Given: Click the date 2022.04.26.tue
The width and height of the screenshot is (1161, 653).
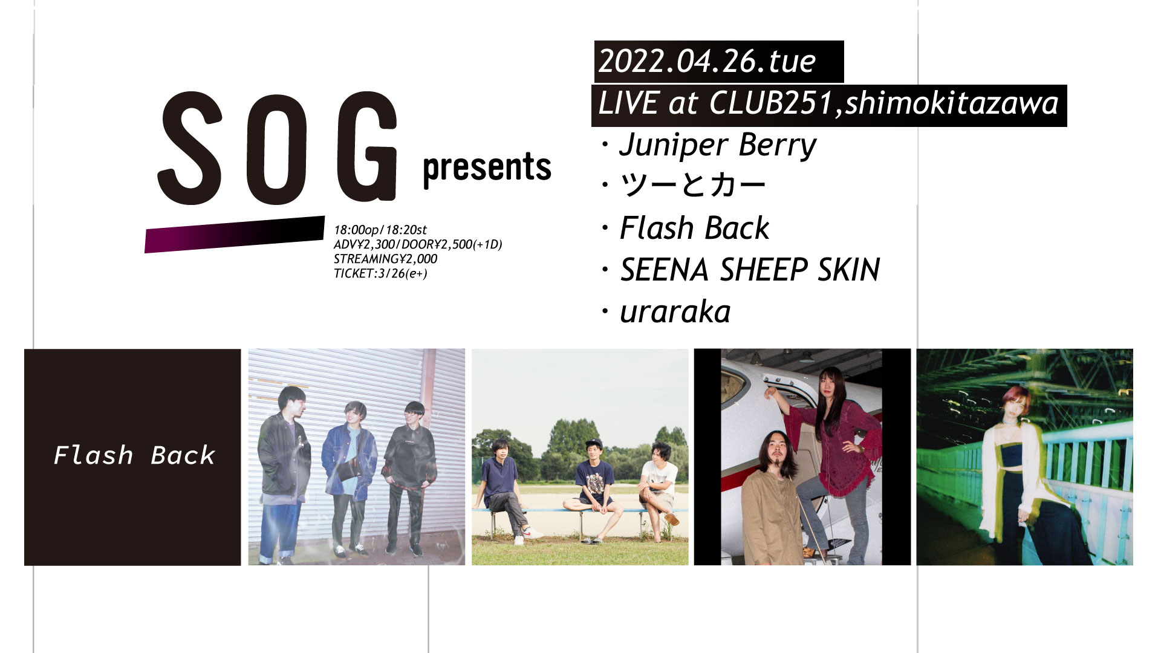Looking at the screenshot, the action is coord(707,62).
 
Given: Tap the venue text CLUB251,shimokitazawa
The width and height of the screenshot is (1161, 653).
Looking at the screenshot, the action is coord(884,103).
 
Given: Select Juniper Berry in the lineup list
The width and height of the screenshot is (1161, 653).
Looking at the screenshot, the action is coord(718,146).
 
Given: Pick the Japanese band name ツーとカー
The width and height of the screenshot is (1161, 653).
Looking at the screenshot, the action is coord(693,185).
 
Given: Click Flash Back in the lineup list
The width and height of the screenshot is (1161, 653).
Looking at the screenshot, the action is coord(695,229).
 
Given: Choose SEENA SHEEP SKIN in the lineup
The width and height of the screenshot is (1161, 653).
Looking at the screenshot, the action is coord(750,270).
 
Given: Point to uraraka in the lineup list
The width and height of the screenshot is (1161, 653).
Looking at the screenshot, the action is coord(675,312).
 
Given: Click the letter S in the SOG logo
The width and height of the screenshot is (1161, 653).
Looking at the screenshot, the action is coord(190,148).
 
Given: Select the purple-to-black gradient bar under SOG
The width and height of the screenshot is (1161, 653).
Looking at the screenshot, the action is coord(235,234).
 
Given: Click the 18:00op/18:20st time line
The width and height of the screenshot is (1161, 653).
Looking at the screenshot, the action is coord(380,230).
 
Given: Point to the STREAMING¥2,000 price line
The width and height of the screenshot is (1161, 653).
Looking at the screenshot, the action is coord(385,259).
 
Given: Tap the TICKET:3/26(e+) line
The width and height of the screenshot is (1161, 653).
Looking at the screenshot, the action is coord(380,273).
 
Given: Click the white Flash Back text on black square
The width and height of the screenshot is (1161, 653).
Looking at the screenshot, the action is coord(134,455).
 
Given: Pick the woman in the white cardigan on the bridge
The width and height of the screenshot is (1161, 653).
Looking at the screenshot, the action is coord(1022,478).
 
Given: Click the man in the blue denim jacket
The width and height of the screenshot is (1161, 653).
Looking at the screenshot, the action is coord(350,478).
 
